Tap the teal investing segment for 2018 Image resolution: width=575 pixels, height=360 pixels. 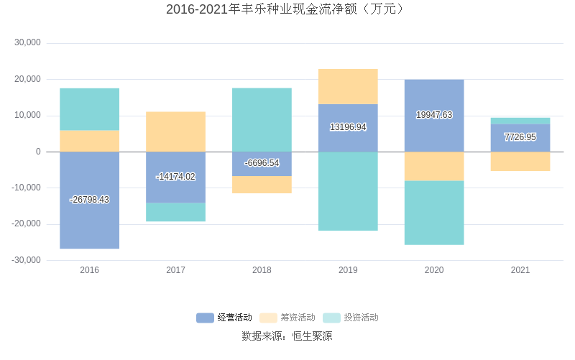[262, 119]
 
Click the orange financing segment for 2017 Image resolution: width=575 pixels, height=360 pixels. [175, 131]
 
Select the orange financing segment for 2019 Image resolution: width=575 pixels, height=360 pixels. [348, 86]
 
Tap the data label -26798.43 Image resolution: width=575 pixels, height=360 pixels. [89, 200]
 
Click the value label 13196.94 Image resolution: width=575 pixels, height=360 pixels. [348, 127]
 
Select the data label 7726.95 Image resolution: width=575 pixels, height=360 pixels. [520, 137]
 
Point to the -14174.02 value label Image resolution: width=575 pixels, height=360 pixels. [175, 177]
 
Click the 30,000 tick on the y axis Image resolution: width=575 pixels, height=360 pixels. [28, 43]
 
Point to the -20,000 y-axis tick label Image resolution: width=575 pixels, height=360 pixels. [26, 224]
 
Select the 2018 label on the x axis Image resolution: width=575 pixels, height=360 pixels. [262, 270]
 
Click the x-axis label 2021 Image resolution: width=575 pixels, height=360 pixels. [520, 270]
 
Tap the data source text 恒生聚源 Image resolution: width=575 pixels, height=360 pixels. [312, 336]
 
